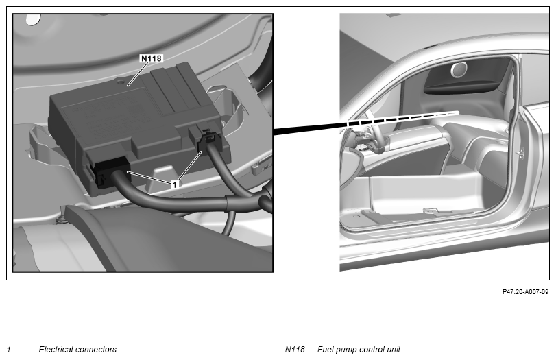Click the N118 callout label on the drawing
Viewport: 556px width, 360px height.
(x=152, y=58)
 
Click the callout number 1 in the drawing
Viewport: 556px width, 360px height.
(x=174, y=184)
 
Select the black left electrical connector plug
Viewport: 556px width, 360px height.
(x=109, y=171)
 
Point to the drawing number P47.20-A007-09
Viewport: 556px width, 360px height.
(x=525, y=292)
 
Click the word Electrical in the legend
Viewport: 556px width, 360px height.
(x=58, y=349)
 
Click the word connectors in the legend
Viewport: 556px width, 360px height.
(x=97, y=350)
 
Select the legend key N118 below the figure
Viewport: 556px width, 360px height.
(x=295, y=349)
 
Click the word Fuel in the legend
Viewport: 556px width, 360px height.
(x=325, y=349)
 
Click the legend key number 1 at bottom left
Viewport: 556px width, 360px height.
(x=9, y=350)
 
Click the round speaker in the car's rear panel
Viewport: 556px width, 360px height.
(x=459, y=69)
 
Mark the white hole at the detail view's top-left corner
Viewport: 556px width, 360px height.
(x=33, y=20)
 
